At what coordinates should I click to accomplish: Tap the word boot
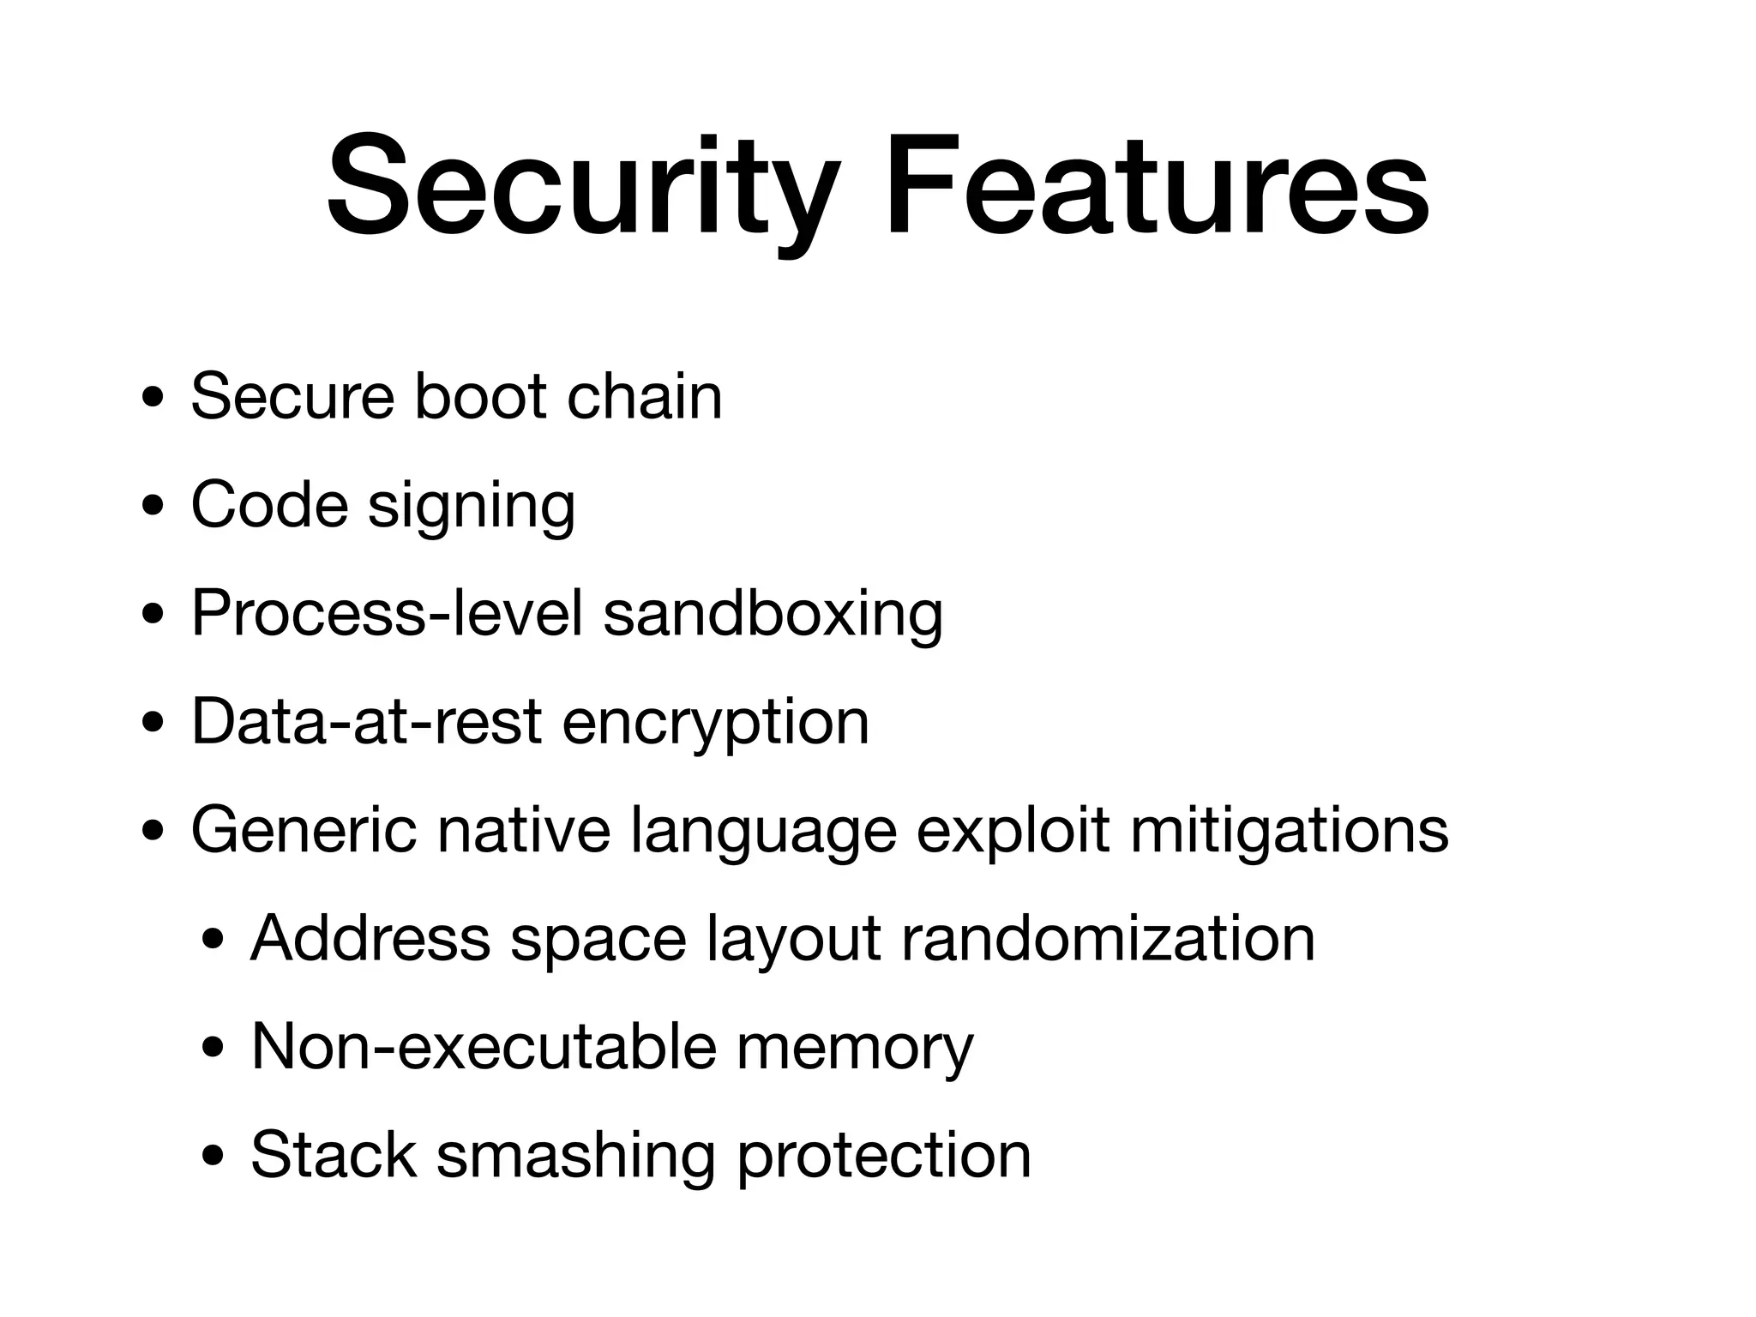tap(480, 396)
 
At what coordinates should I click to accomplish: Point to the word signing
tap(472, 506)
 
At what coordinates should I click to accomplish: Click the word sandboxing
tap(773, 614)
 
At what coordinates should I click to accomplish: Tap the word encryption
tap(715, 723)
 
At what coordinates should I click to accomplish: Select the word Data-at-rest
tap(366, 721)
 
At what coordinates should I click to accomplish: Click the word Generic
tap(304, 830)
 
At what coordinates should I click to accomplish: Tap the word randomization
tap(1108, 938)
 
